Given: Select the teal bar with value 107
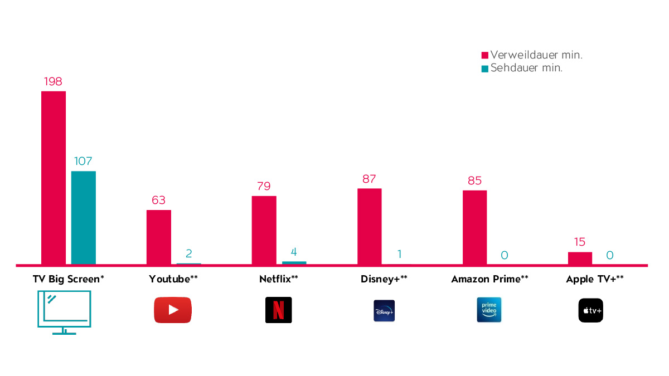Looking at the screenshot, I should (84, 217).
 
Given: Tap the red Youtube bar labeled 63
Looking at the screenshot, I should (159, 237).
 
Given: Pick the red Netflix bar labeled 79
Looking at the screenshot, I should (264, 229).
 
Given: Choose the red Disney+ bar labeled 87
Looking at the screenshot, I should (370, 226).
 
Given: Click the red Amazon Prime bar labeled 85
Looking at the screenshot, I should (474, 227).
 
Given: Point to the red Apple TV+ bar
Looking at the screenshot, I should (580, 258).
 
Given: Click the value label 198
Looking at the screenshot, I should (53, 82).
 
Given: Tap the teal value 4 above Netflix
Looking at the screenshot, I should (294, 252).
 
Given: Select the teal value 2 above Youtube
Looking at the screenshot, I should (189, 254).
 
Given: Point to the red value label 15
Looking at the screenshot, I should (580, 242).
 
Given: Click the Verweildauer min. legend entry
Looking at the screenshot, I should (532, 55).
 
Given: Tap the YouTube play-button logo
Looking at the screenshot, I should (173, 310).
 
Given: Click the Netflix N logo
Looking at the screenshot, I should (278, 310).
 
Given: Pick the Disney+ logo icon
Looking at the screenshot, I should (384, 310).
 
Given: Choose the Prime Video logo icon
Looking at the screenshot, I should (489, 310).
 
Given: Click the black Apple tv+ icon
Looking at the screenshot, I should (590, 310).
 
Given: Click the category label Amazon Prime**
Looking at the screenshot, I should (489, 280).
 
